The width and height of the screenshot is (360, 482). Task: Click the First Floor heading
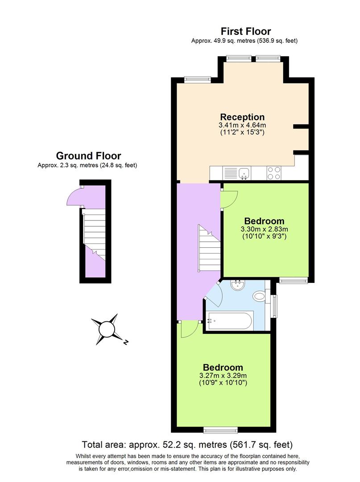(x=246, y=31)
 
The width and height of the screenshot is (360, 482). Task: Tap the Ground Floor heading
(x=88, y=156)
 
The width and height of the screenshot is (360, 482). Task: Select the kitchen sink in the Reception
(x=244, y=173)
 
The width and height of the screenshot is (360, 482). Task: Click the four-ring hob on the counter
(x=273, y=173)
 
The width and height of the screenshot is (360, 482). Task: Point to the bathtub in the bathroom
(x=230, y=321)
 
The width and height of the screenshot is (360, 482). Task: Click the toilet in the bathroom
(x=259, y=296)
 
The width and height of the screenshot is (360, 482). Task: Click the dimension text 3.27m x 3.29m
(x=223, y=376)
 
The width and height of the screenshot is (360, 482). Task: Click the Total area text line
(x=187, y=445)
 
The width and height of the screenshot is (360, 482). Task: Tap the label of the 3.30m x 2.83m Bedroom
(x=264, y=221)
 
